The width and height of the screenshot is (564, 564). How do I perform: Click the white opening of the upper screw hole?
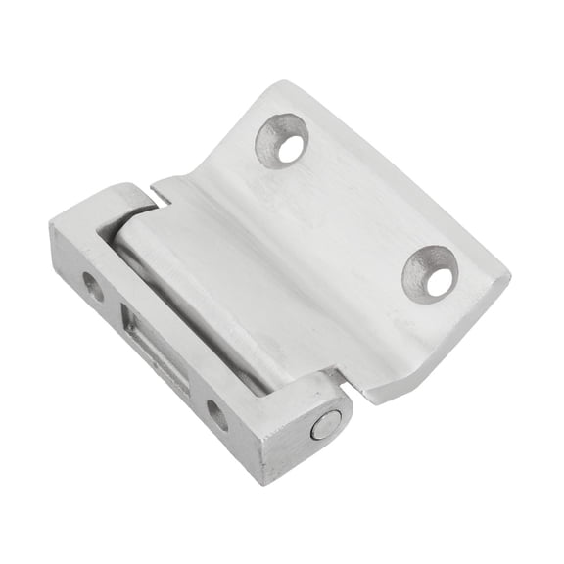pos(289,149)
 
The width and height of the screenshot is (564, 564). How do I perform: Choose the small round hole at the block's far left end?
pos(93,287)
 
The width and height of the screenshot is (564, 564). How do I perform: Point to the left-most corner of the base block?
pos(51,227)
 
